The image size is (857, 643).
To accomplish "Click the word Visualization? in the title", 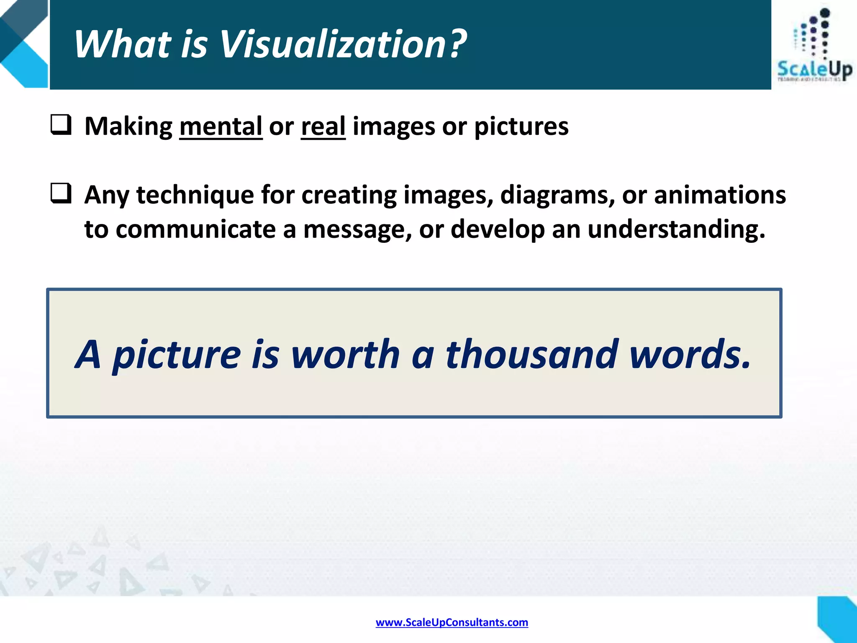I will click(343, 44).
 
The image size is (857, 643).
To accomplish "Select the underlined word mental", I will click(221, 126).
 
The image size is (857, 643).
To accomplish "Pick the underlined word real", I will click(323, 126).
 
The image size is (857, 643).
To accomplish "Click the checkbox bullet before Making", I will click(61, 125).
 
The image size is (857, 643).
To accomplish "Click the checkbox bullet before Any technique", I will click(61, 194).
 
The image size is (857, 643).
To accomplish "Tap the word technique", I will click(195, 195).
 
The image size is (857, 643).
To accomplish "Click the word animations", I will click(720, 195).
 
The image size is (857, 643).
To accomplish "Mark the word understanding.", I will click(676, 230).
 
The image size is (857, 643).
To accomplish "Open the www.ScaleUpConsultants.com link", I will click(452, 622).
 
